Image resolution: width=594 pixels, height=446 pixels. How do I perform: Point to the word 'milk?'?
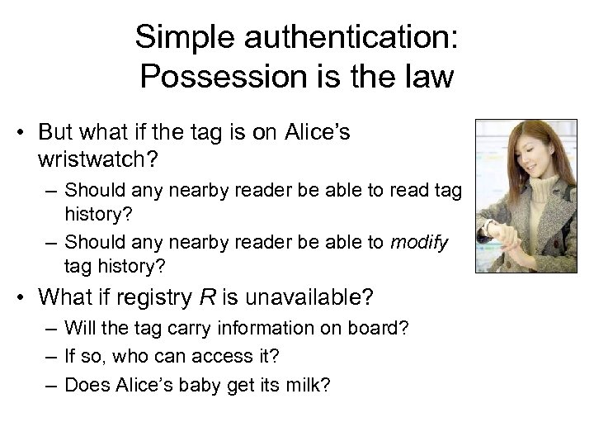point(307,385)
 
